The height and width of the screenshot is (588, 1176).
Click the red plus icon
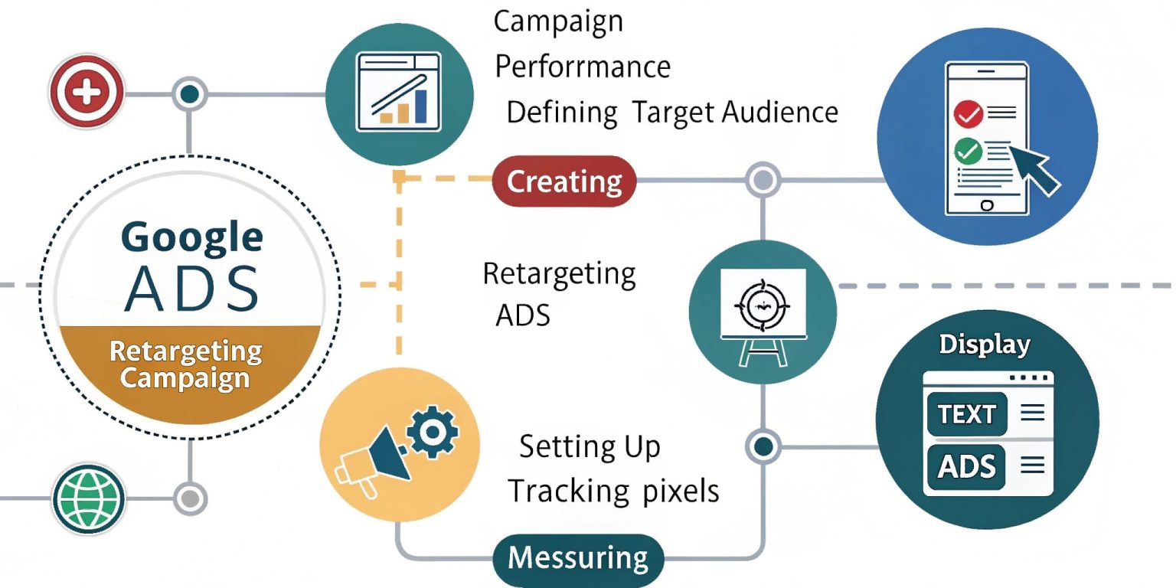(x=86, y=94)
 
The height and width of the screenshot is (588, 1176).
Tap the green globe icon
(x=89, y=499)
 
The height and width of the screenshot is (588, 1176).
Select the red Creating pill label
(x=564, y=181)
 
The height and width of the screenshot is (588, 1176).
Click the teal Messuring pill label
(x=577, y=557)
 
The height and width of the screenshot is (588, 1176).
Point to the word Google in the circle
(x=191, y=237)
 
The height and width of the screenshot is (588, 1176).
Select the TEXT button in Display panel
(x=967, y=414)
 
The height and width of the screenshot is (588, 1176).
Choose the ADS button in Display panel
(x=967, y=465)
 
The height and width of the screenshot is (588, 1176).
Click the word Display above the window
(x=984, y=345)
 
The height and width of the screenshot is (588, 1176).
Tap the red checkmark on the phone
(x=969, y=115)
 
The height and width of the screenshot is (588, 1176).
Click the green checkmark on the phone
(x=969, y=151)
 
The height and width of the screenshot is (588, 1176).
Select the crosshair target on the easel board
(x=760, y=304)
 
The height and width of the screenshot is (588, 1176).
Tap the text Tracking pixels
(x=614, y=491)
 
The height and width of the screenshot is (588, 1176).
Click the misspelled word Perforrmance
(x=583, y=67)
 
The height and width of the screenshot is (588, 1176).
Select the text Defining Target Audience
(x=672, y=113)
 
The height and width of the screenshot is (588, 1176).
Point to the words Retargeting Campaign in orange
(x=185, y=364)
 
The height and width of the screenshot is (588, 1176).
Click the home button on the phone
(x=986, y=205)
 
